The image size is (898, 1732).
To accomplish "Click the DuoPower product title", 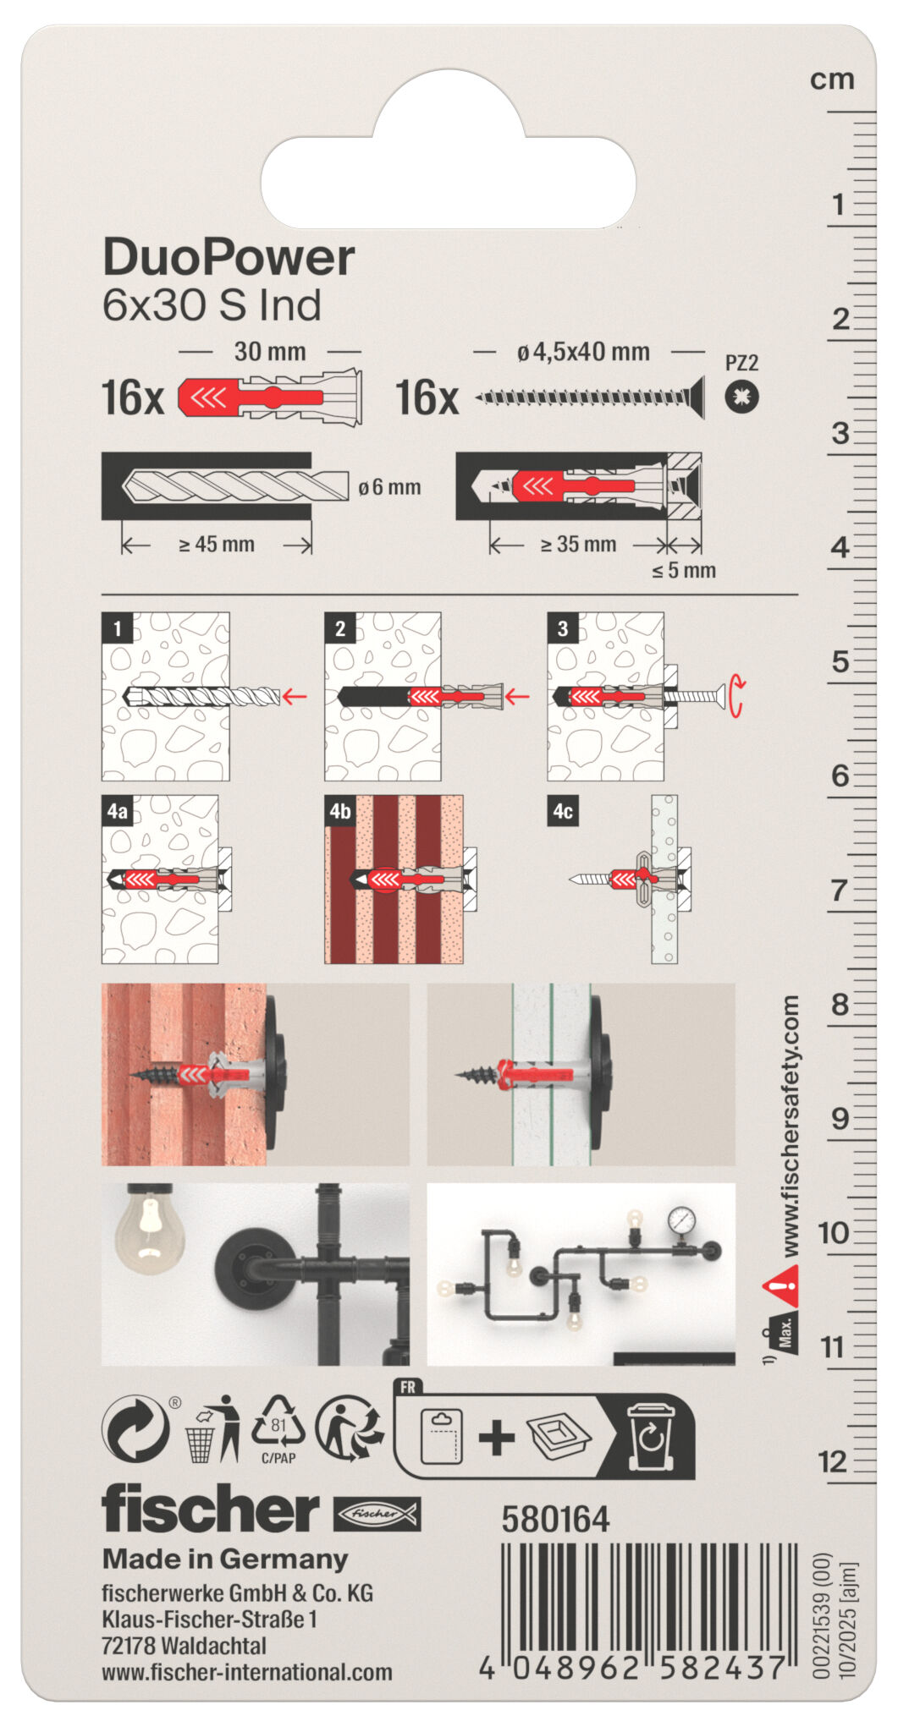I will (x=229, y=257).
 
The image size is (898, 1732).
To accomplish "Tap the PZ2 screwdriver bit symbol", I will (x=741, y=397).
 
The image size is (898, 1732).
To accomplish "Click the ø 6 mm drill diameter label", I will (x=389, y=487).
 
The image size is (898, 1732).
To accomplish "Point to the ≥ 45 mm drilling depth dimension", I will (x=217, y=545).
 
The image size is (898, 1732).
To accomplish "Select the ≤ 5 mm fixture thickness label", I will (x=683, y=571).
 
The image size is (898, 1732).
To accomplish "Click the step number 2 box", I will (x=340, y=628).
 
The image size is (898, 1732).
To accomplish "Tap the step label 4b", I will (x=340, y=811).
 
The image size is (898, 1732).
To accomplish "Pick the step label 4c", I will (x=563, y=811).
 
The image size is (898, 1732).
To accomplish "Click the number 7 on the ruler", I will (x=838, y=890).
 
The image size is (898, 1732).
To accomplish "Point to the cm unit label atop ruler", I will (x=832, y=79).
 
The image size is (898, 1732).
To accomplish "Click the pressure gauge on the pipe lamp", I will (x=681, y=1220).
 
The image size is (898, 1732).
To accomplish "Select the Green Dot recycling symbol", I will (x=135, y=1428).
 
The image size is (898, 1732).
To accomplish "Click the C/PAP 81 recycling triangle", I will (x=278, y=1427).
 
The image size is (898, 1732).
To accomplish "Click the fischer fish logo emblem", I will (x=377, y=1514).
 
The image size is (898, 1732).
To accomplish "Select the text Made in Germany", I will (x=225, y=1559).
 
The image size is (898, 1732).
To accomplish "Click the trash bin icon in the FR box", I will (x=650, y=1435).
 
